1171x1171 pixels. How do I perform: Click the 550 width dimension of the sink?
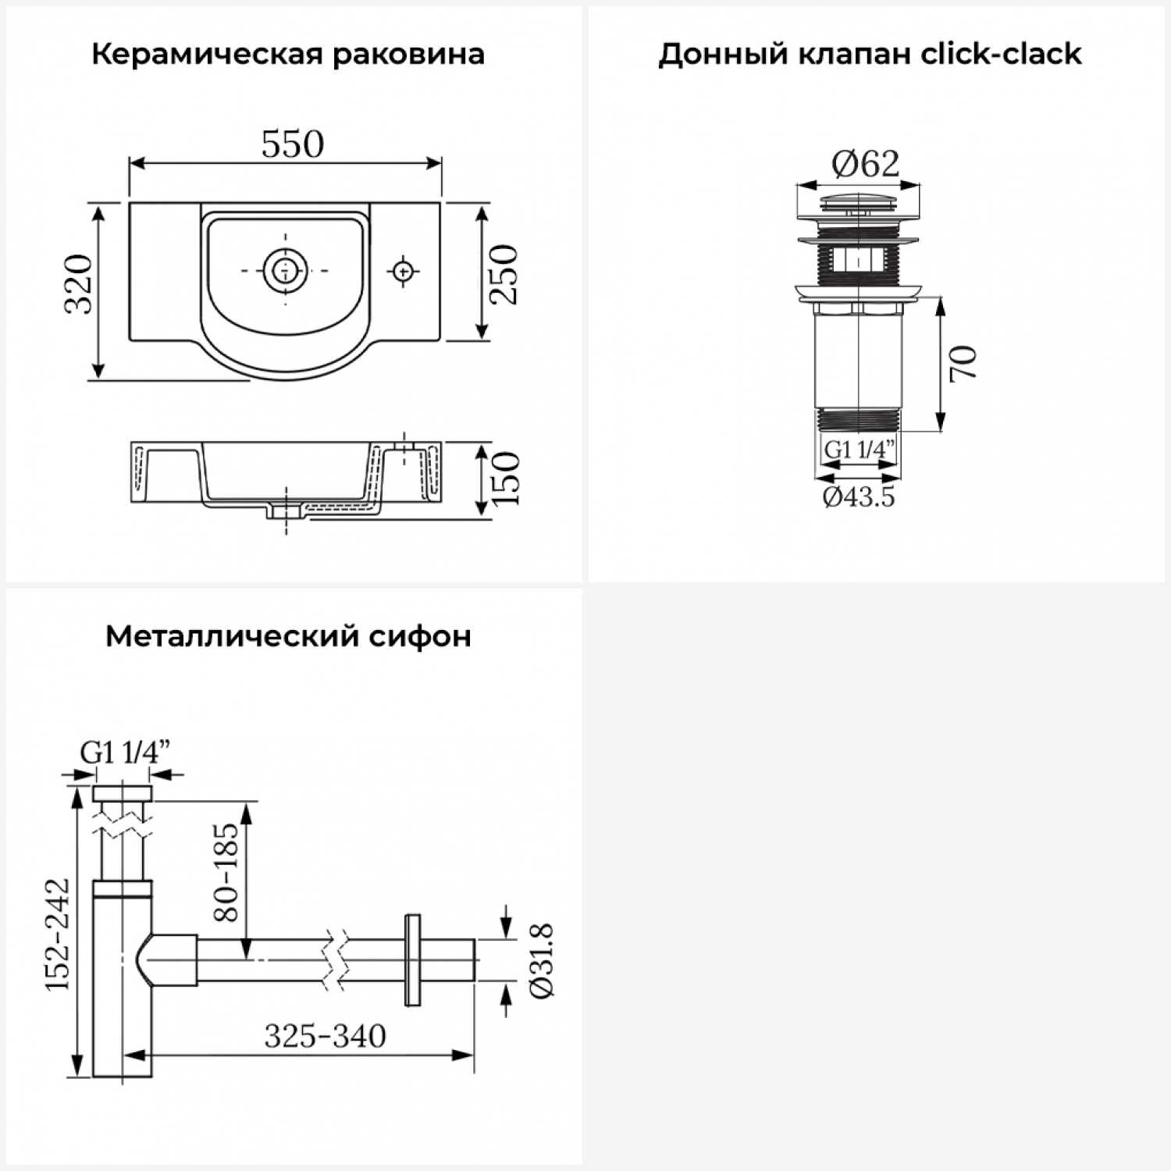coord(292,145)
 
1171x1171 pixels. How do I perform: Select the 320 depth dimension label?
coord(79,283)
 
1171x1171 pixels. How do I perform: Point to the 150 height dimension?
coord(506,478)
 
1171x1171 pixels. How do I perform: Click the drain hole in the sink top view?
coord(286,270)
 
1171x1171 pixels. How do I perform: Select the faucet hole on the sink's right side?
coord(403,271)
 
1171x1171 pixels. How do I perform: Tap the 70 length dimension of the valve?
coord(963,363)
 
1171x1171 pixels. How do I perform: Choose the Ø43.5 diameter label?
coord(859,497)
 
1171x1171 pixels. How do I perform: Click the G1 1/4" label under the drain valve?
coord(859,450)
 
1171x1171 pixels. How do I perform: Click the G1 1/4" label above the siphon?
coord(125,753)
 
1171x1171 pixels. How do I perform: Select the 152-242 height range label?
coord(58,934)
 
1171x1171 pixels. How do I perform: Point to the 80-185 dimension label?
coord(226,871)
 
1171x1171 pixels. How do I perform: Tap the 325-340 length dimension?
coord(325,1037)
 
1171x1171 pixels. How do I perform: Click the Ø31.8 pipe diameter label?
coord(541,959)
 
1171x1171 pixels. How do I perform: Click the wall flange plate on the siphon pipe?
coord(412,959)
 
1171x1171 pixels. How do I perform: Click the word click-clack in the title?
coord(1001,55)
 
